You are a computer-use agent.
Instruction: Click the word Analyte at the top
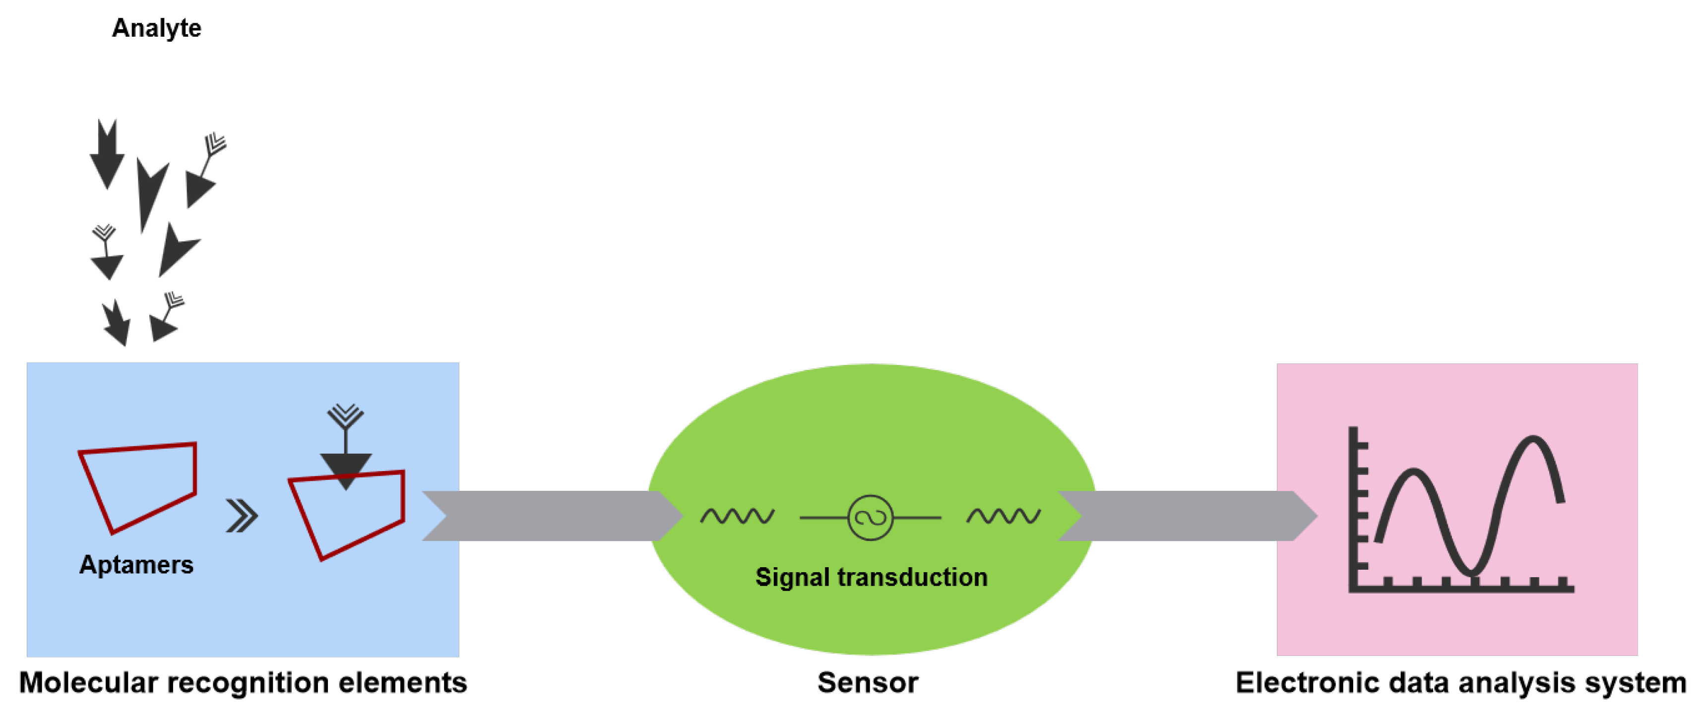pyautogui.click(x=156, y=28)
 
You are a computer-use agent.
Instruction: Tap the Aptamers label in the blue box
pyautogui.click(x=136, y=565)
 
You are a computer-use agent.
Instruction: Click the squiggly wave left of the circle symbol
pyautogui.click(x=737, y=516)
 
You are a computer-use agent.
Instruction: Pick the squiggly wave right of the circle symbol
pyautogui.click(x=1003, y=516)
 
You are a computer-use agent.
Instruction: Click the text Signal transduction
pyautogui.click(x=871, y=577)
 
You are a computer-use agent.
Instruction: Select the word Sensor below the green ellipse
pyautogui.click(x=867, y=683)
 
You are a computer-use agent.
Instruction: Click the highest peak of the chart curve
pyautogui.click(x=1532, y=439)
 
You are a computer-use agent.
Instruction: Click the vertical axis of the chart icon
pyautogui.click(x=1353, y=508)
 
